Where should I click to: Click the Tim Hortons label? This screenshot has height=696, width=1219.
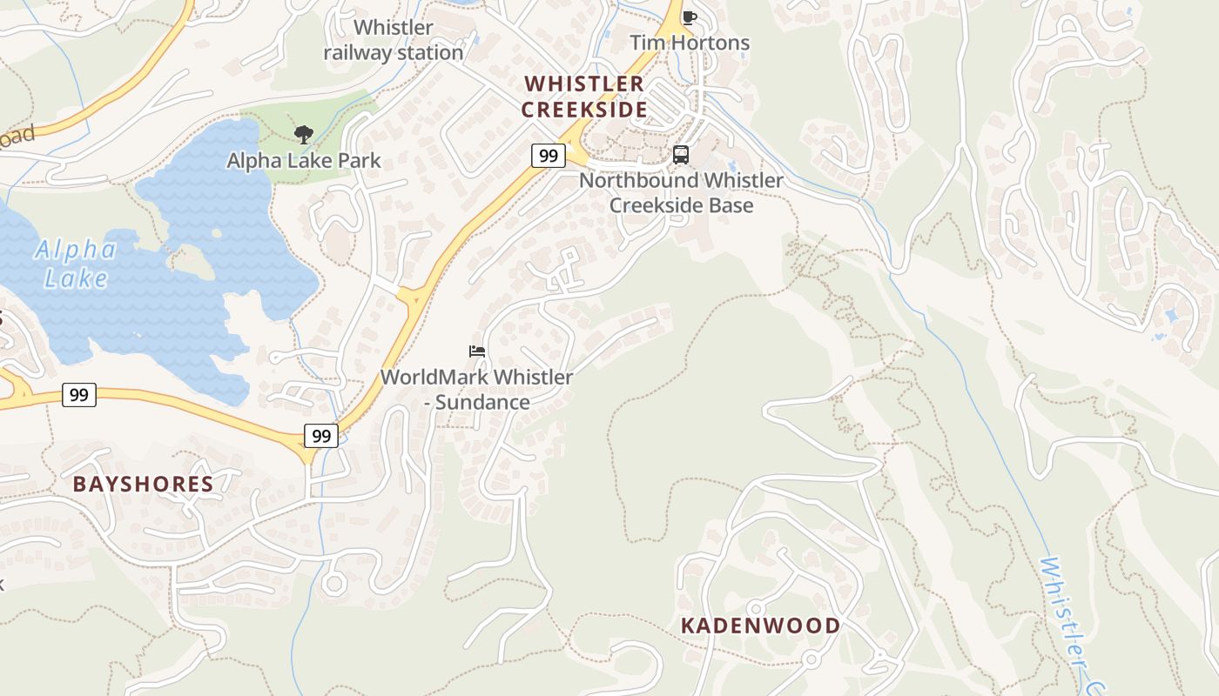(689, 43)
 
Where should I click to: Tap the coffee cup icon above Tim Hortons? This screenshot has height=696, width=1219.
(690, 17)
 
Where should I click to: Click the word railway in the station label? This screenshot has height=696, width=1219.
(358, 53)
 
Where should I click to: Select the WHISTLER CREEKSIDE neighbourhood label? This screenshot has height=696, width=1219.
(584, 97)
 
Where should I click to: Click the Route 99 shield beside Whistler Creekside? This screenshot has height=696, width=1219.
(548, 156)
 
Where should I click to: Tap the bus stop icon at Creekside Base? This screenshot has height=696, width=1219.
(681, 155)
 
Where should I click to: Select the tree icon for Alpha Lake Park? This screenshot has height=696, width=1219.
(303, 135)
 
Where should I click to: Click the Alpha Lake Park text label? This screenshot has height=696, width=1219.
(304, 161)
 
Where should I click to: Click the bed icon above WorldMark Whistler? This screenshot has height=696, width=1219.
(477, 351)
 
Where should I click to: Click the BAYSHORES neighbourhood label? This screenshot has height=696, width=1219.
(143, 485)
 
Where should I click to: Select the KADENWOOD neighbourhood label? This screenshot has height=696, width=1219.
(761, 626)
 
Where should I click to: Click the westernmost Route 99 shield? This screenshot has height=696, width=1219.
(78, 395)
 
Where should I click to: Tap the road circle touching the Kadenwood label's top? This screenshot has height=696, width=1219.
(756, 608)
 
